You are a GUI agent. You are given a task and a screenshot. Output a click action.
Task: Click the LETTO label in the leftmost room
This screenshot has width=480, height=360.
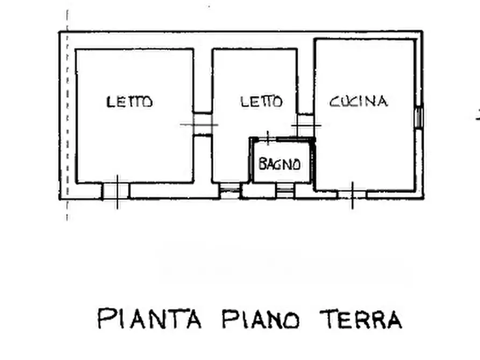pos(130,102)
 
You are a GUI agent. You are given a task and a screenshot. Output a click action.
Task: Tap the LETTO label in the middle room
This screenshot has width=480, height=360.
pos(261,101)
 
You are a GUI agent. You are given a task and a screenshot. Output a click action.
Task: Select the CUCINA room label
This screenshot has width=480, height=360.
pos(359,101)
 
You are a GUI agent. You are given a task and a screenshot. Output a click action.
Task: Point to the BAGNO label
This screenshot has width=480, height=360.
pos(279,164)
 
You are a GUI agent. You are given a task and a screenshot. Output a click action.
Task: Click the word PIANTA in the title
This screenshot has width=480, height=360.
pos(149,319)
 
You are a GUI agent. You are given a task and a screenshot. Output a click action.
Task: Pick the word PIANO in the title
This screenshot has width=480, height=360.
pos(261,319)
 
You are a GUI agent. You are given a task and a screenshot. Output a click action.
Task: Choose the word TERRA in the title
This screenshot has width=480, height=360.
pos(361,319)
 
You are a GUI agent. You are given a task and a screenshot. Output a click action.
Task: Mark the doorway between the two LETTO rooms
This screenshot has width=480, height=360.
pos(203,124)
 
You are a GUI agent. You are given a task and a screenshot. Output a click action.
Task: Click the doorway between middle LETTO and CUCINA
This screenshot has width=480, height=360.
pos(306,125)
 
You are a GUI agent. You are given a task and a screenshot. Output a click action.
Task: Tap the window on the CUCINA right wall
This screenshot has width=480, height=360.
pos(419,117)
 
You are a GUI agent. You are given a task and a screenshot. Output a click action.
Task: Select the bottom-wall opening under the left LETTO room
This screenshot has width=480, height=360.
pos(116,191)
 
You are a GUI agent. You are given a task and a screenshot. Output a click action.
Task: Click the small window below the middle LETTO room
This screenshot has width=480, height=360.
pos(230,190)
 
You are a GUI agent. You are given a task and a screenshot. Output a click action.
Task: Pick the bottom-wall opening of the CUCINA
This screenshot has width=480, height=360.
pos(352,194)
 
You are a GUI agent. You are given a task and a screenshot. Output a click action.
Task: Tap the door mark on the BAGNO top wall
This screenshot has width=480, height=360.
pos(268,139)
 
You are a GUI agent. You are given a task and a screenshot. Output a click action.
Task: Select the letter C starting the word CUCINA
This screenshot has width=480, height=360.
pos(334,101)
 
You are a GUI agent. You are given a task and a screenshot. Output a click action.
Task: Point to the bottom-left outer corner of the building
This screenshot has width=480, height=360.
pos(60,199)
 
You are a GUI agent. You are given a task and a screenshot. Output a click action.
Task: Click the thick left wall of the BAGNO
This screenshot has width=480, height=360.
pos(250,160)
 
